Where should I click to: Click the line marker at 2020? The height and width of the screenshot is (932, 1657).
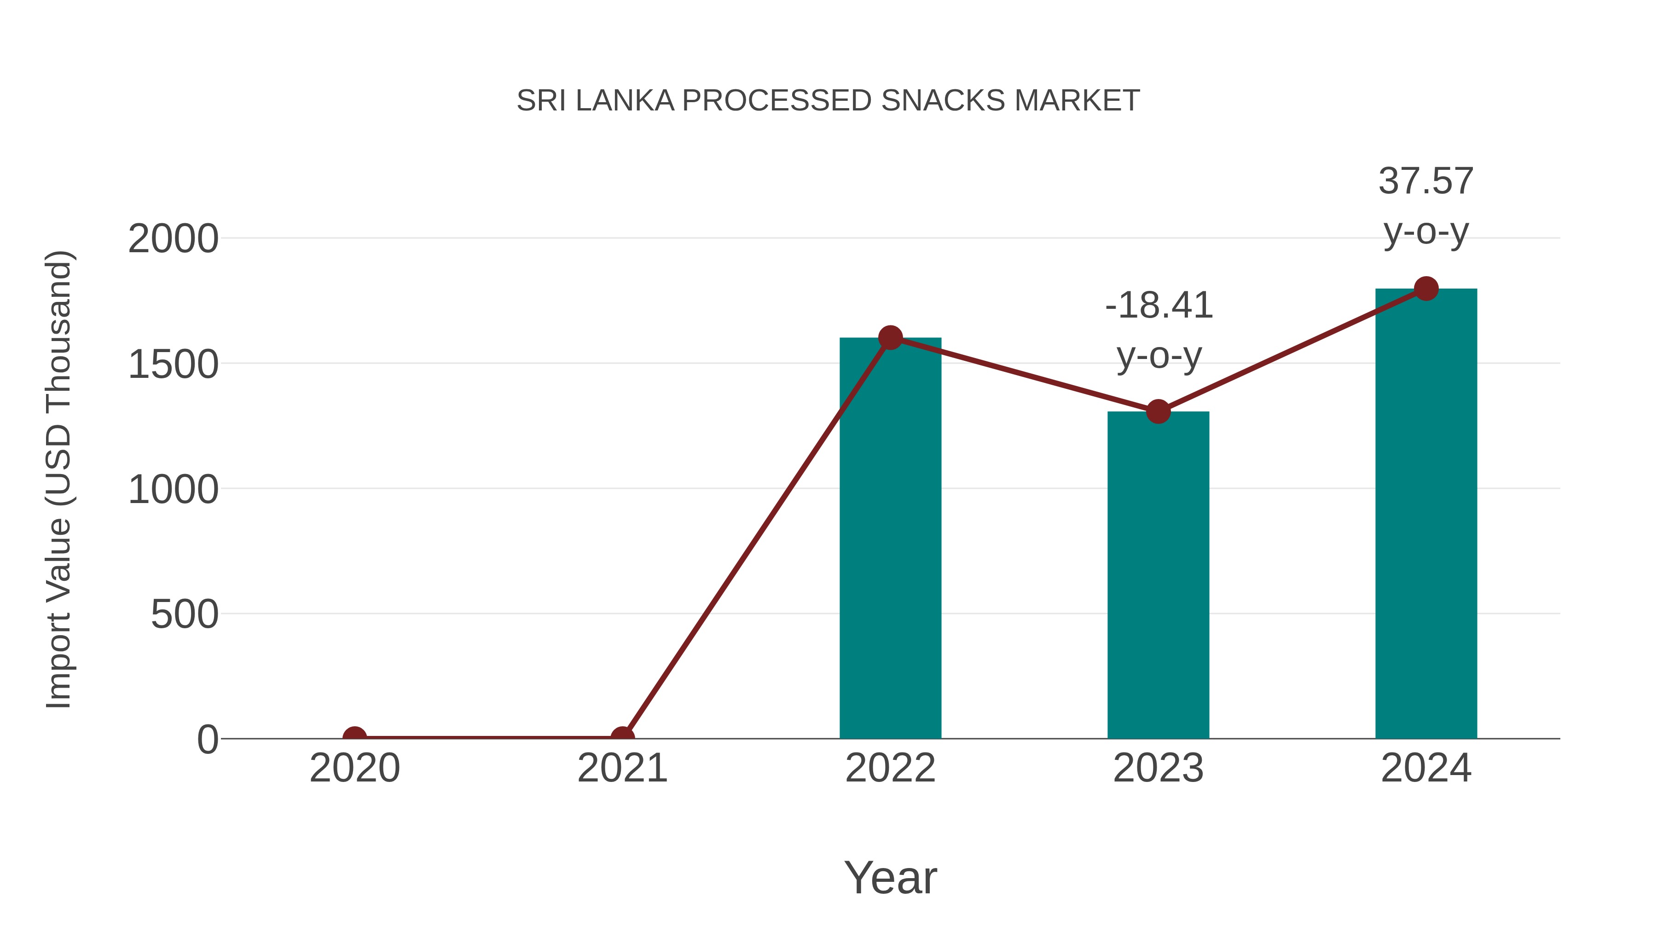pyautogui.click(x=354, y=737)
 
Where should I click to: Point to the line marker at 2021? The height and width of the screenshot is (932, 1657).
pyautogui.click(x=622, y=737)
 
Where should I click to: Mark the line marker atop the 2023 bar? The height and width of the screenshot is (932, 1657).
pyautogui.click(x=1158, y=411)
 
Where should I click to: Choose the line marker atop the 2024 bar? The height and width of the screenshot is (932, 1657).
pyautogui.click(x=1426, y=288)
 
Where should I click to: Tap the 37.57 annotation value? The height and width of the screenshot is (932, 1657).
pyautogui.click(x=1426, y=181)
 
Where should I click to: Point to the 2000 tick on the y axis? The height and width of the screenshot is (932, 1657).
pyautogui.click(x=173, y=239)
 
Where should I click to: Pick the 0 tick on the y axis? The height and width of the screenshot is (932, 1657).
pyautogui.click(x=208, y=739)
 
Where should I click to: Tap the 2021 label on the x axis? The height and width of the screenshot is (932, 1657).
pyautogui.click(x=622, y=768)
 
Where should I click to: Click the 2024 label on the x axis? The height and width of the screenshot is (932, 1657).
pyautogui.click(x=1426, y=768)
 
